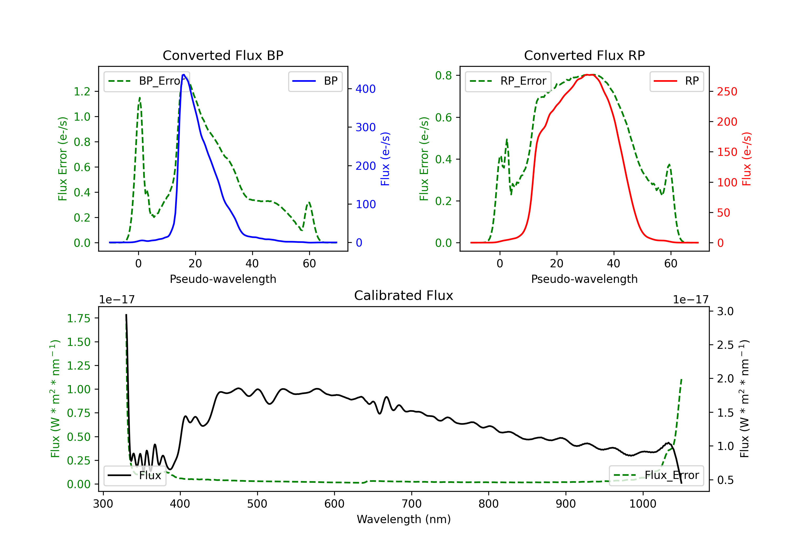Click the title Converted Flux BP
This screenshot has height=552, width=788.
[x=223, y=55]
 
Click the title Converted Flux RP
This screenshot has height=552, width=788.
[x=584, y=55]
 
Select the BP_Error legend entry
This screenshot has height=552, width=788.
[x=147, y=81]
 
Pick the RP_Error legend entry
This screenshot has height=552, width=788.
[x=508, y=81]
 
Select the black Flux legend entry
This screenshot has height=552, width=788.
[x=135, y=476]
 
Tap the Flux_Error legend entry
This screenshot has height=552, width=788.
[x=656, y=476]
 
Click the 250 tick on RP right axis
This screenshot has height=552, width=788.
[x=727, y=91]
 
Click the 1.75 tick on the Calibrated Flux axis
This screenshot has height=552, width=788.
[x=79, y=318]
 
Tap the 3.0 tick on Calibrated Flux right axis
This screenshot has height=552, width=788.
[x=725, y=311]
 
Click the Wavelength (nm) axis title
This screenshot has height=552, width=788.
[x=404, y=519]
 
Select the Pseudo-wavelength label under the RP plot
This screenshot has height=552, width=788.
[x=584, y=279]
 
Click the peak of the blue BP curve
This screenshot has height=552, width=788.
[x=184, y=75]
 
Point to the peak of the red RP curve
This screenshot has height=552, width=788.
[x=588, y=75]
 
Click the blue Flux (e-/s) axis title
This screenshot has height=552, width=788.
[x=385, y=159]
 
